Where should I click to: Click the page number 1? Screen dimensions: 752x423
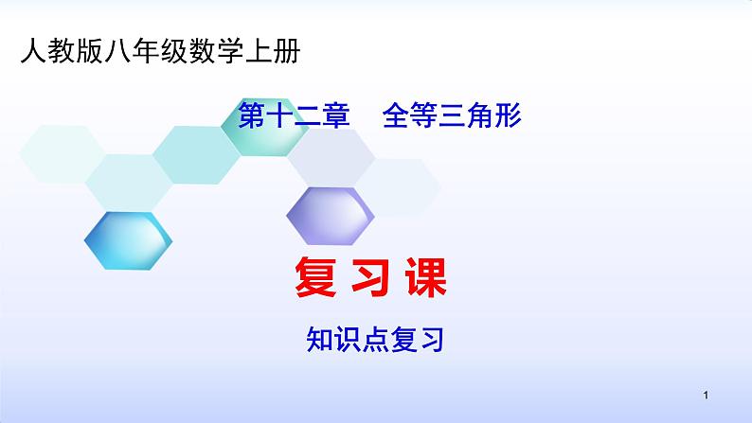click(706, 396)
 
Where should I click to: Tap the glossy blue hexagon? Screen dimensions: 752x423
click(128, 240)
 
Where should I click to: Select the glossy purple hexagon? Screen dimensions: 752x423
click(331, 216)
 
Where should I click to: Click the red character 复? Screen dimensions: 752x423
click(315, 277)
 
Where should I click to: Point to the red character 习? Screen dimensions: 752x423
click(370, 277)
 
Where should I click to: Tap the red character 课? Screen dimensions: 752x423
click(426, 277)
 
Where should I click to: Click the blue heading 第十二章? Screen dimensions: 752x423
click(294, 115)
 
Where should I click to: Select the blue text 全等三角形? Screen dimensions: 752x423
click(452, 115)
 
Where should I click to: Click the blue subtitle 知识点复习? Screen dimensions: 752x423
click(375, 339)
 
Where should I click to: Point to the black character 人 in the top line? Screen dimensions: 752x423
click(33, 51)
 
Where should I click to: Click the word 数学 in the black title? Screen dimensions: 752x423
click(217, 51)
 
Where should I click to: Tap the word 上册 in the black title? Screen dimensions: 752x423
click(273, 51)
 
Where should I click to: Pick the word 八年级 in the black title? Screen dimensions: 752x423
click(146, 51)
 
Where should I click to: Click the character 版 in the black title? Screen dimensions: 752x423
click(90, 51)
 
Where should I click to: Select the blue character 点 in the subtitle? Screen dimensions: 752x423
click(375, 339)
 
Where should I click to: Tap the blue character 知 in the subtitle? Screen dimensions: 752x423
click(319, 339)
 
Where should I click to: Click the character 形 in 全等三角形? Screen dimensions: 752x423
click(508, 115)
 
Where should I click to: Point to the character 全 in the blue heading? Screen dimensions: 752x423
click(396, 115)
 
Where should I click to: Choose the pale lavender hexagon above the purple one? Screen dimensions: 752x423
click(331, 157)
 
